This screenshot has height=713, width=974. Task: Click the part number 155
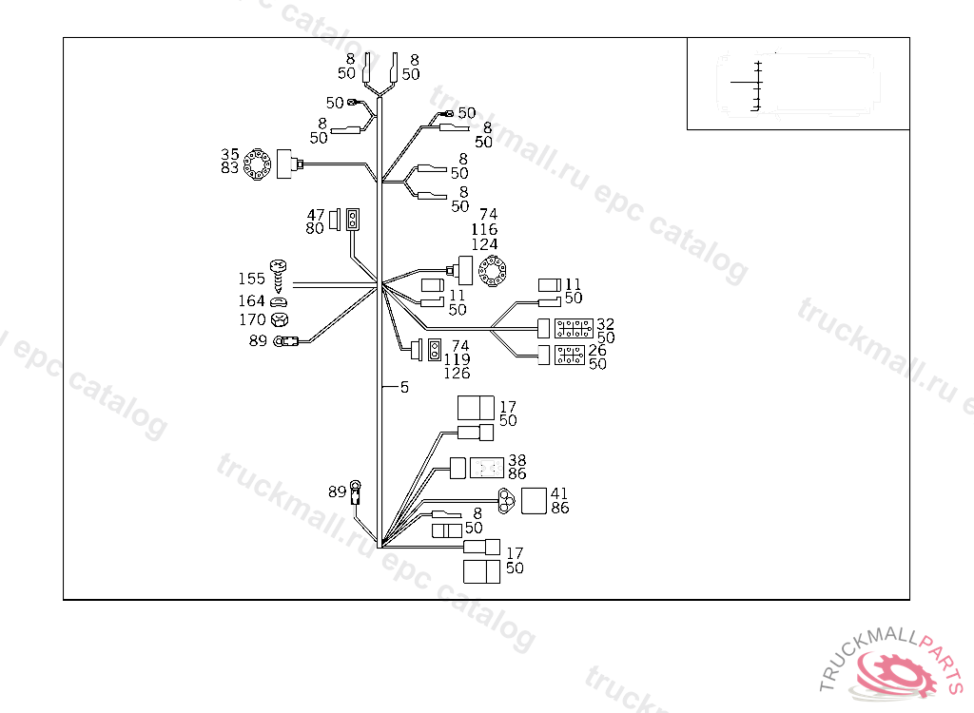(x=252, y=279)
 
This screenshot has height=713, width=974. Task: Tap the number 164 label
(x=252, y=301)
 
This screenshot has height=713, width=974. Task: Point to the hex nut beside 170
(x=280, y=319)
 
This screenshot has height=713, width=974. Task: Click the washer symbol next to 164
(x=280, y=301)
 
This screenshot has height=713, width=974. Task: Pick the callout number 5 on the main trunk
(x=404, y=387)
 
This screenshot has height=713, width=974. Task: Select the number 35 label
(x=230, y=154)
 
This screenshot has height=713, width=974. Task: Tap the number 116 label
(x=484, y=230)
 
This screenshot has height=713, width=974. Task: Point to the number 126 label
(x=457, y=374)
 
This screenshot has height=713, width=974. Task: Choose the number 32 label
(x=606, y=324)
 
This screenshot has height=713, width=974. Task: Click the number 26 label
(x=597, y=350)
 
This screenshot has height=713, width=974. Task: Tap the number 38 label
(x=516, y=460)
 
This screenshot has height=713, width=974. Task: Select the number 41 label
(x=559, y=494)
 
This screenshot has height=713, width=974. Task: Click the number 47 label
(x=315, y=215)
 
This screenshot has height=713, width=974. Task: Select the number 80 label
(x=315, y=228)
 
